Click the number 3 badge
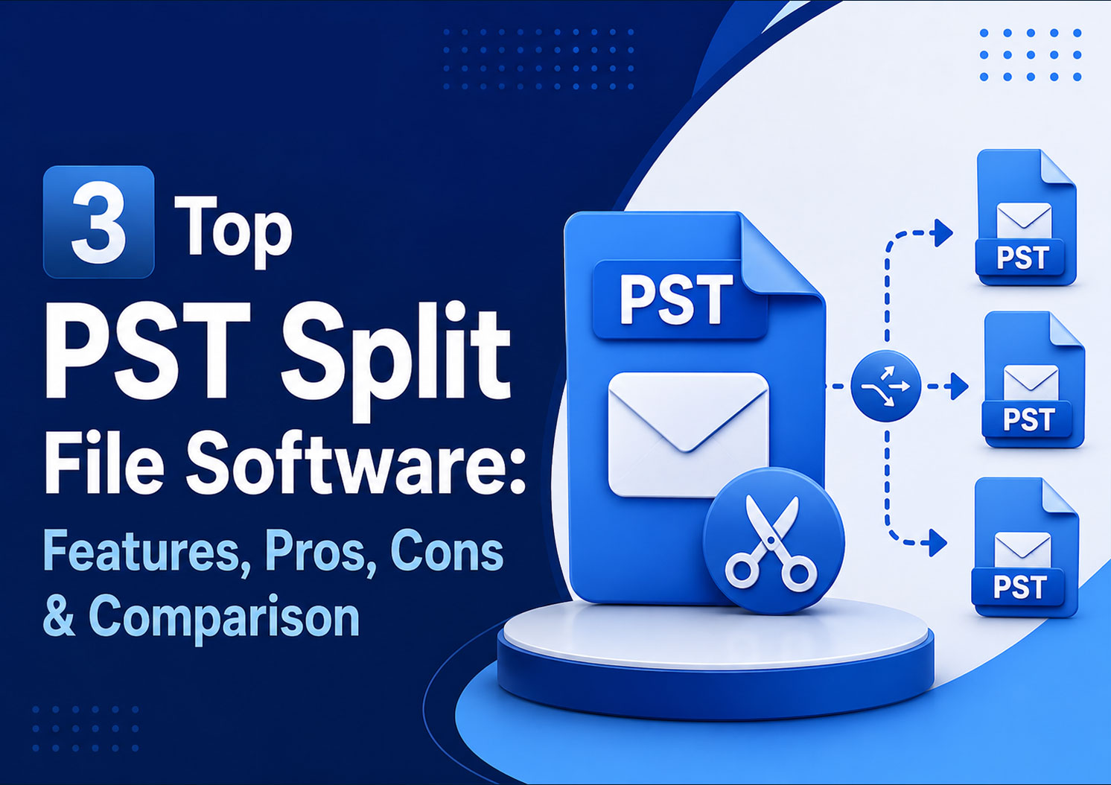(99, 222)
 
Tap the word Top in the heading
(233, 232)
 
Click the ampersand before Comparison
(59, 615)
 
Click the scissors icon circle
(773, 541)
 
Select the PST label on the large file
(676, 299)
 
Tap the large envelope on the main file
(689, 435)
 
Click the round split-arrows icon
(886, 386)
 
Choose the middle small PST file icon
(1033, 380)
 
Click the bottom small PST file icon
(1025, 547)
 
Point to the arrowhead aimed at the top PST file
(943, 232)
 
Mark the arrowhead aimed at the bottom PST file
(937, 542)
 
